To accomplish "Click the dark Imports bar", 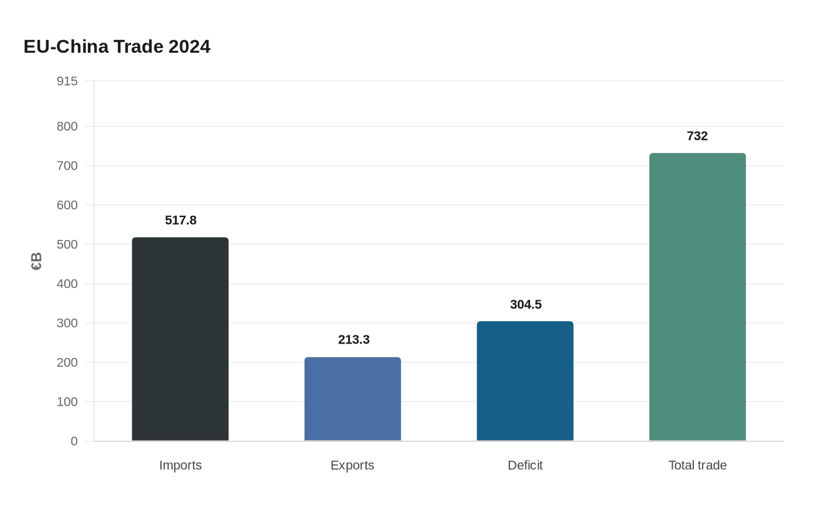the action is [180, 339].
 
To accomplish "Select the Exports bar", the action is [353, 399].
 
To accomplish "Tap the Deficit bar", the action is [525, 381].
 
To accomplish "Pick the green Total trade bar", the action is [697, 297].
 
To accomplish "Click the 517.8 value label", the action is [181, 220].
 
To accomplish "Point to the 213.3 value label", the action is [354, 340].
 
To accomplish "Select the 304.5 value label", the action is [526, 304].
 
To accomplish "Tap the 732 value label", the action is [697, 136].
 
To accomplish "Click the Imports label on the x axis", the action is [181, 465].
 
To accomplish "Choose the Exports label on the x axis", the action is [352, 465].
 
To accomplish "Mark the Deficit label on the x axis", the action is [525, 465].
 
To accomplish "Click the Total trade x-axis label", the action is [697, 465].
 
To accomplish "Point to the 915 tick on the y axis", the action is [67, 81].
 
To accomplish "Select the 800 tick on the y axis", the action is [67, 126].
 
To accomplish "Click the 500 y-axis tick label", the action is [67, 245].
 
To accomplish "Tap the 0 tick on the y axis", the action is [74, 441].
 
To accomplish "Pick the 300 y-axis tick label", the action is [67, 323].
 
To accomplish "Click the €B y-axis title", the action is [36, 261].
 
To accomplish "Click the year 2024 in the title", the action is [190, 47].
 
